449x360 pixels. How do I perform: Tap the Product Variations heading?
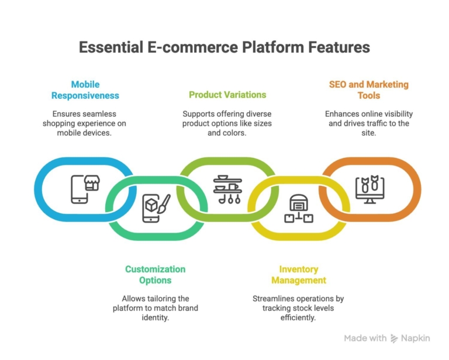click(x=227, y=95)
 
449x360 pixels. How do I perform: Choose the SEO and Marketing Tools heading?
click(x=368, y=89)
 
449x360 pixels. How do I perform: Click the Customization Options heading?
click(x=155, y=275)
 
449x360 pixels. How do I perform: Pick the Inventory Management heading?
click(x=298, y=275)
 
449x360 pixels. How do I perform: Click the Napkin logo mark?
click(x=394, y=338)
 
